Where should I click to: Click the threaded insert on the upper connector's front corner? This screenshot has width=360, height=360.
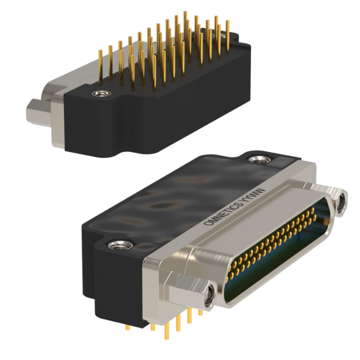tap(99, 94)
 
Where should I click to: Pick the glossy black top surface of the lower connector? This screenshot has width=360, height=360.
tap(178, 197)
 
